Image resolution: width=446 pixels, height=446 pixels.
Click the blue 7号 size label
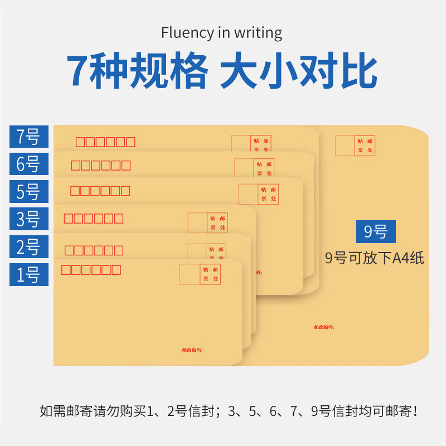pyautogui.click(x=28, y=137)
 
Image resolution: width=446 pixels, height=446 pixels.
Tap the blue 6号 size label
pyautogui.click(x=28, y=164)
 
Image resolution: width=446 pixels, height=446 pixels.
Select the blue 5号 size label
pyautogui.click(x=28, y=192)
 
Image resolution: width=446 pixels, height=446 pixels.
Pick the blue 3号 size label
pyautogui.click(x=28, y=219)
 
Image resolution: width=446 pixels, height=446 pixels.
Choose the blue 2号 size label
pyautogui.click(x=28, y=247)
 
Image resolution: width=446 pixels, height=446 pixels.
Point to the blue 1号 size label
pyautogui.click(x=28, y=274)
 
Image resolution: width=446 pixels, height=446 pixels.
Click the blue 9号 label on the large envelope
pyautogui.click(x=375, y=231)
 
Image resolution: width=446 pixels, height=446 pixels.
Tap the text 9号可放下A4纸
pyautogui.click(x=375, y=258)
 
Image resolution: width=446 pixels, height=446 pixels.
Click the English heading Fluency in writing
pyautogui.click(x=222, y=32)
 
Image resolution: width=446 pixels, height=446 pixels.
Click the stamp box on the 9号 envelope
pyautogui.click(x=355, y=146)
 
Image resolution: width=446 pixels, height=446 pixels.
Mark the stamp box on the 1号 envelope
pyautogui.click(x=200, y=274)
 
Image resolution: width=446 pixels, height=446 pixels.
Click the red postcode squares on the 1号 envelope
pyautogui.click(x=91, y=270)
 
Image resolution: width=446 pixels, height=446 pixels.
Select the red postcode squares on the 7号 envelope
pyautogui.click(x=105, y=142)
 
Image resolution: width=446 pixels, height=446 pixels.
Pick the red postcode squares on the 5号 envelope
pyautogui.click(x=100, y=191)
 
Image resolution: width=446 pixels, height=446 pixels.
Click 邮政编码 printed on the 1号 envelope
pyautogui.click(x=192, y=350)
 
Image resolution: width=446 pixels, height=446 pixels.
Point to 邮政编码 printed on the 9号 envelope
pyautogui.click(x=324, y=327)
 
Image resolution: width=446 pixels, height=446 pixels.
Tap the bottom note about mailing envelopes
pyautogui.click(x=229, y=412)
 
